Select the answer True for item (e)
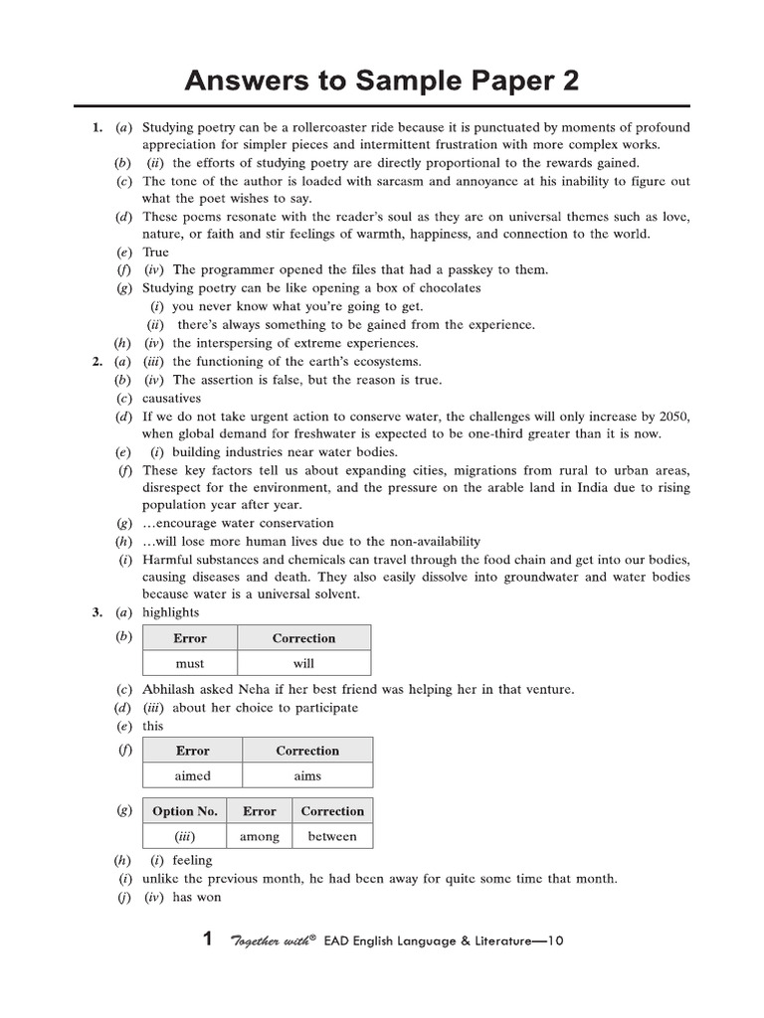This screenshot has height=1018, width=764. [156, 252]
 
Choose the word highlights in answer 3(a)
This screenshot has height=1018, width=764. [171, 612]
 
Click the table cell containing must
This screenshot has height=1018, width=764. [189, 663]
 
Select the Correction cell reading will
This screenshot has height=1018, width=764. [303, 663]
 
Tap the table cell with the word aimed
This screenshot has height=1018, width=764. [193, 775]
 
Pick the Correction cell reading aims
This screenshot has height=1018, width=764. [307, 775]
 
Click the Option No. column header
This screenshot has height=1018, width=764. [185, 811]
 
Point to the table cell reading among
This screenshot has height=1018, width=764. [260, 836]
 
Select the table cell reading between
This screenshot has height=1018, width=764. [332, 836]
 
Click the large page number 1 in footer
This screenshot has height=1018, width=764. [207, 939]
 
